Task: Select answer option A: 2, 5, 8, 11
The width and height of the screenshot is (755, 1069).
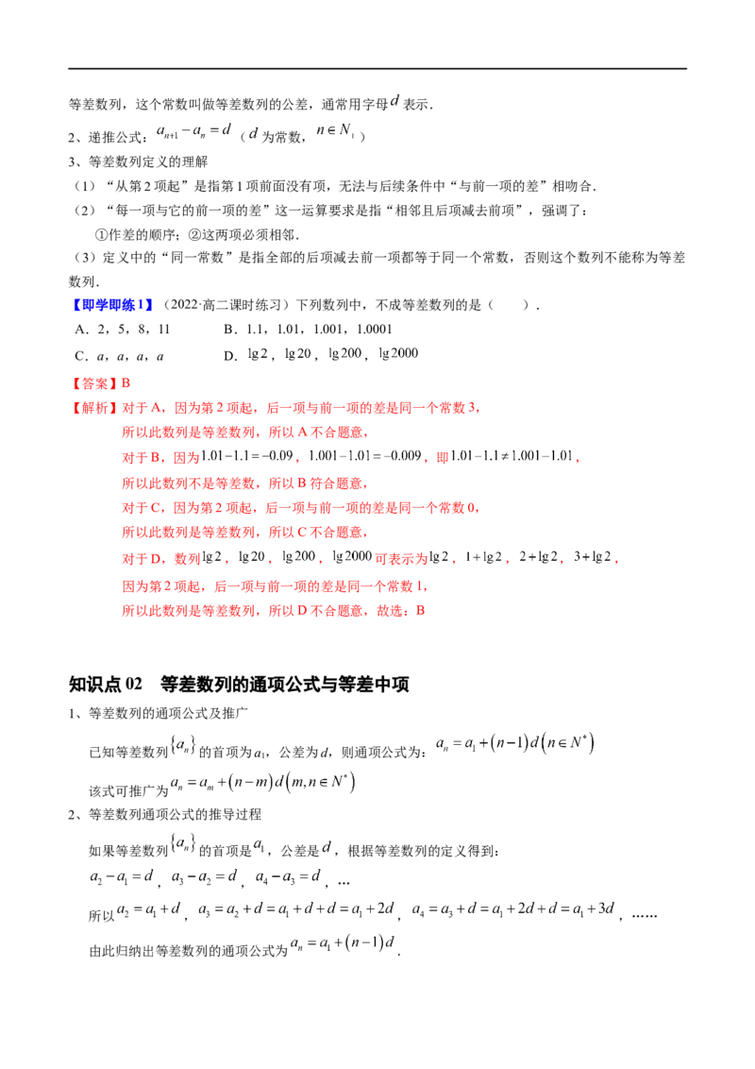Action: [x=123, y=330]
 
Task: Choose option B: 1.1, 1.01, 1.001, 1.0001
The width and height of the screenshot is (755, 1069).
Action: [x=308, y=330]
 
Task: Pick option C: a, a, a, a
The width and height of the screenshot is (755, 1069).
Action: [x=119, y=356]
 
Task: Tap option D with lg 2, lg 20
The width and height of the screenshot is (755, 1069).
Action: [x=321, y=354]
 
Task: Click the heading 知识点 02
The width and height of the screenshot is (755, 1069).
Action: [x=106, y=684]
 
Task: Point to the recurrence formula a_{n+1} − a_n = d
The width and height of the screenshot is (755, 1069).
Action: [x=194, y=130]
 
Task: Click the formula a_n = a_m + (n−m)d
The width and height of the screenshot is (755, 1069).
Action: [x=262, y=783]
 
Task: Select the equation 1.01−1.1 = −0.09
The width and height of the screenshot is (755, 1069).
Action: [x=247, y=455]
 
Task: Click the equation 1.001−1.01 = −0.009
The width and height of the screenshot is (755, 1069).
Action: [x=365, y=455]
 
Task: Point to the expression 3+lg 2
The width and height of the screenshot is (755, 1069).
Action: [x=592, y=556]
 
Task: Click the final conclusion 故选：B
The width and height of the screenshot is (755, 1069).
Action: [x=401, y=610]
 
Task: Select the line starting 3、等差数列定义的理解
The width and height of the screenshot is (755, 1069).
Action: [x=138, y=161]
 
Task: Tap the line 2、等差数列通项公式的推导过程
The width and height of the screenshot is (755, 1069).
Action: [x=164, y=814]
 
